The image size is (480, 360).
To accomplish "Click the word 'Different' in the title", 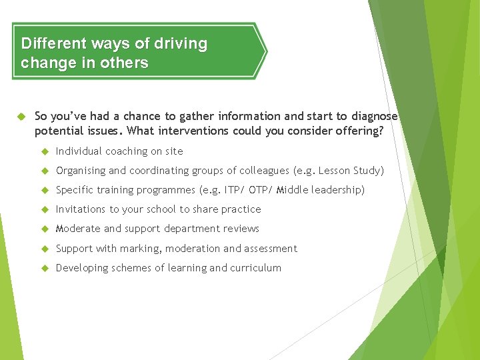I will [x=53, y=44].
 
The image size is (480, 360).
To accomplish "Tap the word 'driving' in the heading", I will [x=181, y=44].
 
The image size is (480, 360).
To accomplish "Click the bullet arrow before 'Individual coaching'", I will [x=45, y=151].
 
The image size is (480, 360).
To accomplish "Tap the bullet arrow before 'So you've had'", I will [x=19, y=115].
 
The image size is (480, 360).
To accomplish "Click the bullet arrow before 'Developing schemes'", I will [x=45, y=268].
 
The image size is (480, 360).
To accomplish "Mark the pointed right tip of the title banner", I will [x=266, y=51].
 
